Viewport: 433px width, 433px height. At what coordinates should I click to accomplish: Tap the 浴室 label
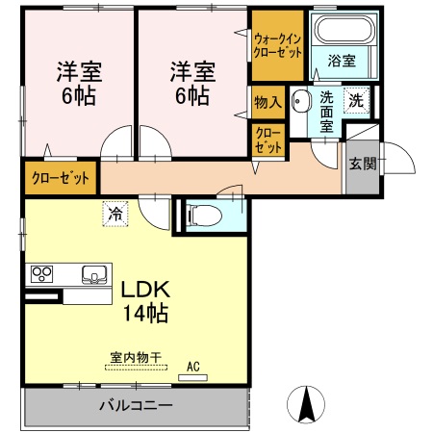point(344,60)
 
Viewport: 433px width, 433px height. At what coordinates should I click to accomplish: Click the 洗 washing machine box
point(355,99)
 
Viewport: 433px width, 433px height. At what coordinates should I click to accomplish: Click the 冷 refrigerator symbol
point(115,212)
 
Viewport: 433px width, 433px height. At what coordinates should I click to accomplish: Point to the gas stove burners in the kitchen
point(42,273)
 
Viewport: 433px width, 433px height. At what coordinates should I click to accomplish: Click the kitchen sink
point(93,274)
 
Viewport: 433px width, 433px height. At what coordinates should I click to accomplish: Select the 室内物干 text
point(135,359)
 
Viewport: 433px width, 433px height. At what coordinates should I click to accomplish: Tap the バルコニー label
point(136,405)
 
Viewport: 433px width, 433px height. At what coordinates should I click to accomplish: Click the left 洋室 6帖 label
point(79,83)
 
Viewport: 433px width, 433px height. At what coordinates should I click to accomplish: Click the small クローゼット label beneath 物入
point(268,140)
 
